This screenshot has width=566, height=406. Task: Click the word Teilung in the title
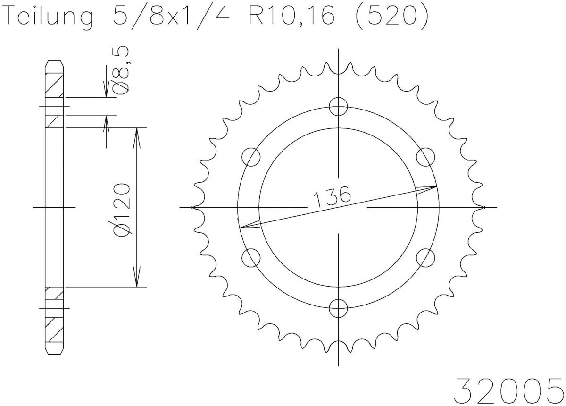(x=47, y=18)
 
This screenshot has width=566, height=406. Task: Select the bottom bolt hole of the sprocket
(x=339, y=309)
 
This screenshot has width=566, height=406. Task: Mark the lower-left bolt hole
(x=251, y=258)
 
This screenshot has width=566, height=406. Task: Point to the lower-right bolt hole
(x=426, y=258)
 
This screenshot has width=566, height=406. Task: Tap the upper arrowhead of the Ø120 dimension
(x=137, y=134)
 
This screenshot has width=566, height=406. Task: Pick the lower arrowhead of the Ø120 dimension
(x=137, y=280)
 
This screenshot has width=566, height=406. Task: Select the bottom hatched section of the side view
(x=54, y=330)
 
